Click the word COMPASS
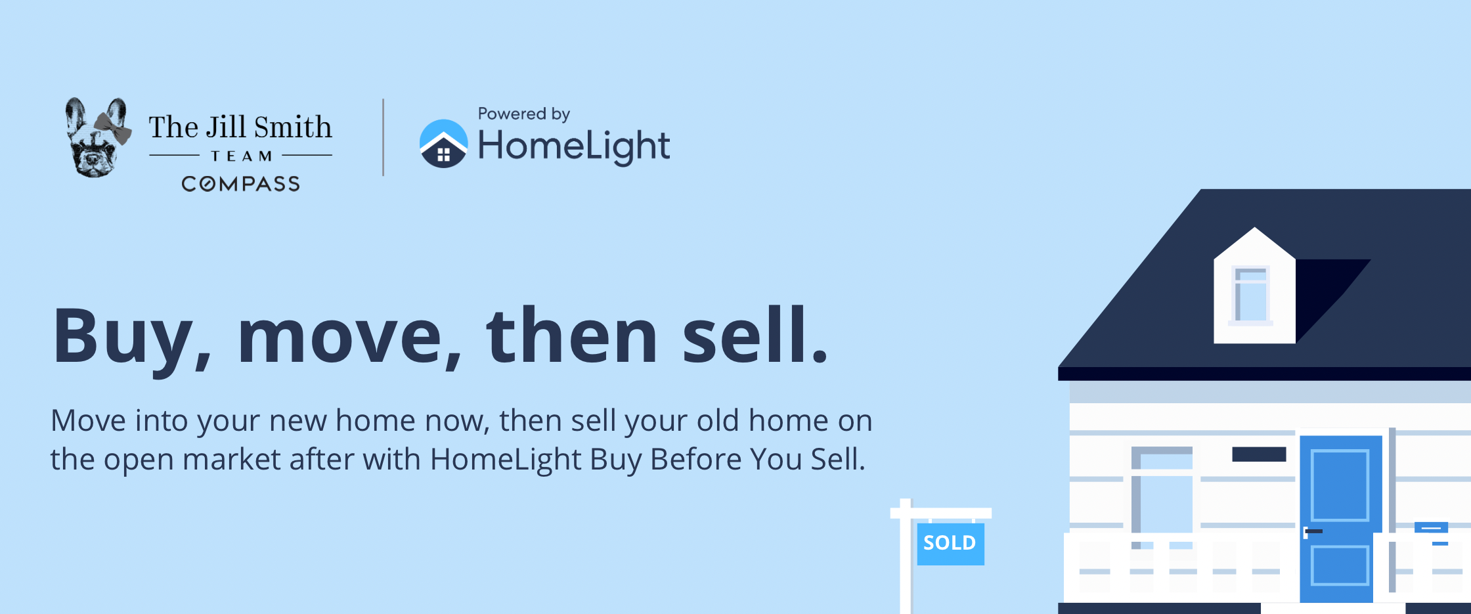pyautogui.click(x=241, y=184)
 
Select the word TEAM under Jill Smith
pyautogui.click(x=241, y=156)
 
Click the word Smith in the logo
pyautogui.click(x=293, y=127)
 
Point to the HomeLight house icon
pyautogui.click(x=444, y=144)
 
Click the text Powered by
pyautogui.click(x=524, y=114)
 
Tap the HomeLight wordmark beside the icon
pyautogui.click(x=574, y=146)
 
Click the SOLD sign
pyautogui.click(x=950, y=543)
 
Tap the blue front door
pyautogui.click(x=1340, y=519)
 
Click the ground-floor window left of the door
pyautogui.click(x=1162, y=496)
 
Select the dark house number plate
pyautogui.click(x=1259, y=454)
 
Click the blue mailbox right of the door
pyautogui.click(x=1431, y=527)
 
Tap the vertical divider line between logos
pyautogui.click(x=384, y=137)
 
